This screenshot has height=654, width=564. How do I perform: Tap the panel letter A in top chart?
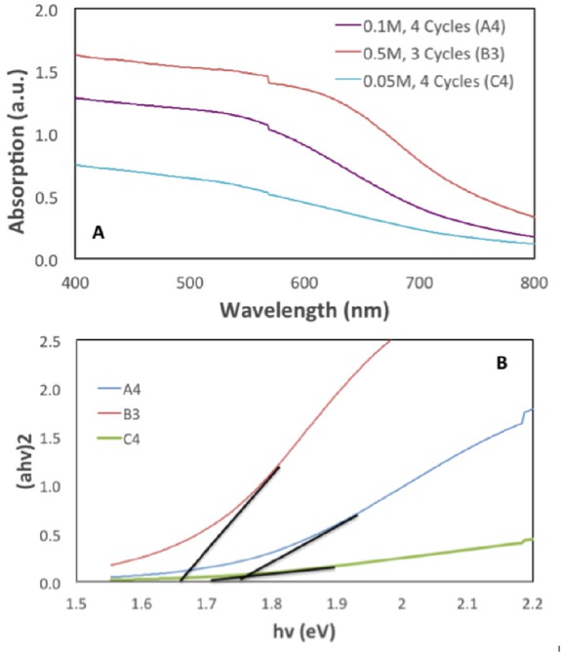98,234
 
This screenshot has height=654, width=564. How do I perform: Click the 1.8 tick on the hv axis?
271,605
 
